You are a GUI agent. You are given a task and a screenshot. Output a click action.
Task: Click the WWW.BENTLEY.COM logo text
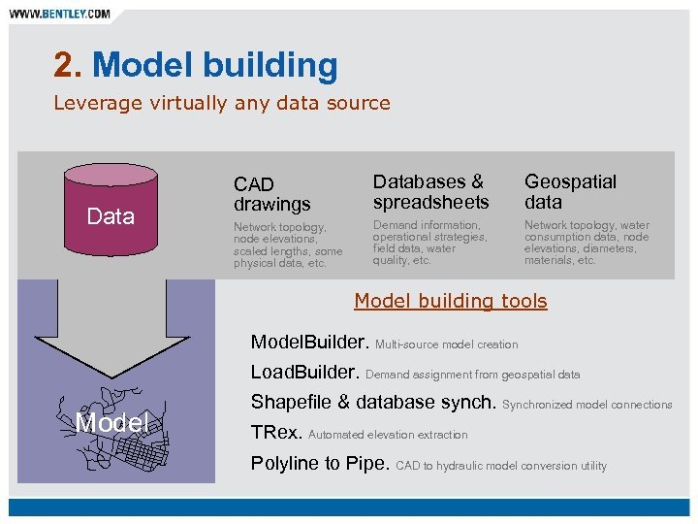point(60,15)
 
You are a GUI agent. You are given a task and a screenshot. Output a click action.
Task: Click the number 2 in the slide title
point(64,65)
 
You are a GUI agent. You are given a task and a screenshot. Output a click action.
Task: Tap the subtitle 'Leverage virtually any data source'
point(222,103)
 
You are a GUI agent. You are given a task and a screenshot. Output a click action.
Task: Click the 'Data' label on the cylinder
point(111,216)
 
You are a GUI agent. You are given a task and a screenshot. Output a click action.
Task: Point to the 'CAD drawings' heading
point(271,194)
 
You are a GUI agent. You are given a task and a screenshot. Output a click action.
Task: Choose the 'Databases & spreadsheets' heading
point(430,192)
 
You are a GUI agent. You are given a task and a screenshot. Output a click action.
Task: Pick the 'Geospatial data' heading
point(570,192)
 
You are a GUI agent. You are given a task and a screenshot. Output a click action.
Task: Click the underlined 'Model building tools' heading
point(451,301)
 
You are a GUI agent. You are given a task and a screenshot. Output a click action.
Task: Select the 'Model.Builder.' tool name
point(309,343)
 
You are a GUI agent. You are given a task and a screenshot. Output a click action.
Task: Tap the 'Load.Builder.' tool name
point(305,373)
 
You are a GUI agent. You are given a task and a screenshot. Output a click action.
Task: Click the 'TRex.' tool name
point(276,433)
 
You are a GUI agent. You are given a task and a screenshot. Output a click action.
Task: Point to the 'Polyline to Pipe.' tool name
point(320,464)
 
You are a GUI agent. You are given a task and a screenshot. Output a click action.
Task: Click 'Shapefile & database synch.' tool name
point(373,403)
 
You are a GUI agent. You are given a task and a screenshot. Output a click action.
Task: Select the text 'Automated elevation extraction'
point(388,435)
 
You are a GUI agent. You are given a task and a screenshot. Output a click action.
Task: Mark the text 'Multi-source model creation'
point(447,344)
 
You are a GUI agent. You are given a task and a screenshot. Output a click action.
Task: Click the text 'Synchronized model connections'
point(587,405)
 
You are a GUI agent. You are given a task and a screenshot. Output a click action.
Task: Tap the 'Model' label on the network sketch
point(112,422)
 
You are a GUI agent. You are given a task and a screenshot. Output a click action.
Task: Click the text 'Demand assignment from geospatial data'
point(473,375)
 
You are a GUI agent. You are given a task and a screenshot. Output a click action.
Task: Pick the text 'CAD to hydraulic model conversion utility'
point(501,466)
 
